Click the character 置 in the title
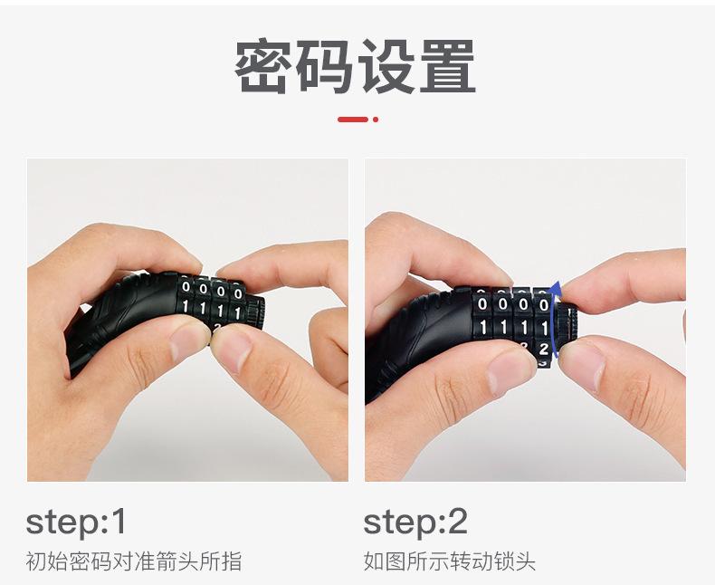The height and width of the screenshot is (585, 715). point(447,67)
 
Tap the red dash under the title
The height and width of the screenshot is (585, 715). point(352,120)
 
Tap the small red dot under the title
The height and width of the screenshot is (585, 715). point(376,120)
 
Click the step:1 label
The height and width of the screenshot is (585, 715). point(76,523)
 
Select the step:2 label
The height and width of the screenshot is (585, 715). point(415,523)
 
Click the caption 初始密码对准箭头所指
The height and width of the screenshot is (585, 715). point(134,561)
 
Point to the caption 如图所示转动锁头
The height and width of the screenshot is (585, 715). point(449,561)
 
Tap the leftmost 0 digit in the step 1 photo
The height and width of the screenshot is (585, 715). point(186,287)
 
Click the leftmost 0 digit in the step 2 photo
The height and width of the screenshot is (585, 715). point(482,303)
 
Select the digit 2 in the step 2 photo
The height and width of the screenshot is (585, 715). point(543,350)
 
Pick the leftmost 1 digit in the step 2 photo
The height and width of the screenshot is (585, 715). point(483,327)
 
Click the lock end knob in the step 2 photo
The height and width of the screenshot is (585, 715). point(567,323)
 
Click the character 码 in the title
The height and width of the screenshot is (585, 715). point(325,67)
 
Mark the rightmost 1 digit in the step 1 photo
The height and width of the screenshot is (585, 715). point(237,313)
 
